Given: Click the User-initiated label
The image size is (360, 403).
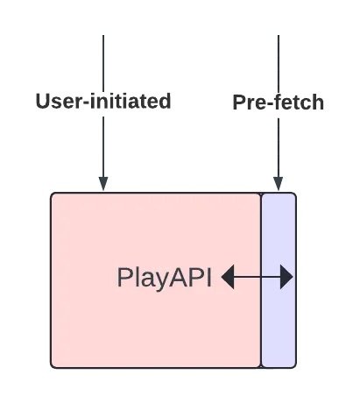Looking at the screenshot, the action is point(103,101).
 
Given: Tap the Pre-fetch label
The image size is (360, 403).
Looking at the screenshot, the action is point(279,103).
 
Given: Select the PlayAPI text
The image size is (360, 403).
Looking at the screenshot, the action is point(164,278).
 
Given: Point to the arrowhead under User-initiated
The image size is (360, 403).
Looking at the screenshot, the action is point(103,183).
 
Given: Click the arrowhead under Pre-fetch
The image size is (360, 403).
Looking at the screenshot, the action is point(279,183).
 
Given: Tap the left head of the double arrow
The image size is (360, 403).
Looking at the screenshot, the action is point(228,277).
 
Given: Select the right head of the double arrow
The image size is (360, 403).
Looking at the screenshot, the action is point(286,277).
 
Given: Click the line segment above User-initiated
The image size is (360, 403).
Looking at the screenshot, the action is point(103,63).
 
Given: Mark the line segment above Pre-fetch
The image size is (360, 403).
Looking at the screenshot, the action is point(279,64).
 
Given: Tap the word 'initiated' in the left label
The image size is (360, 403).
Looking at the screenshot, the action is point(131,101).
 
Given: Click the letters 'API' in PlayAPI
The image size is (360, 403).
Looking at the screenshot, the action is point(190,277).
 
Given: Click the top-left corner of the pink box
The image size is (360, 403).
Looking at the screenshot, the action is point(51,193).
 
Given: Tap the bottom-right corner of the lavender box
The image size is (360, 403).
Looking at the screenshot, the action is point(296,367).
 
